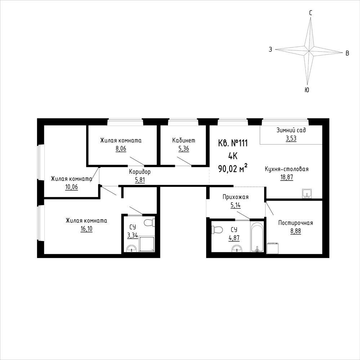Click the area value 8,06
(x=121, y=148)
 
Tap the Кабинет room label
(x=184, y=140)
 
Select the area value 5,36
(x=184, y=148)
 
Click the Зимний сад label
(x=291, y=130)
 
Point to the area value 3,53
(x=291, y=138)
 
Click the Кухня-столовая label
(x=286, y=169)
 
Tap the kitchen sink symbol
(x=307, y=194)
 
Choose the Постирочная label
(x=295, y=223)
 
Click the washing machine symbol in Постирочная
(x=273, y=248)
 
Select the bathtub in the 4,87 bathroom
(x=257, y=236)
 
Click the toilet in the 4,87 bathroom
(x=217, y=229)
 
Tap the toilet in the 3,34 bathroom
(x=150, y=222)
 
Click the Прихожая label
(x=235, y=197)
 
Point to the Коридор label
(x=139, y=172)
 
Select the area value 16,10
(x=86, y=229)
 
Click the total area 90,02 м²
(x=232, y=169)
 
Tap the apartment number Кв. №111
(x=232, y=143)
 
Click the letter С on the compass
(x=310, y=13)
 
